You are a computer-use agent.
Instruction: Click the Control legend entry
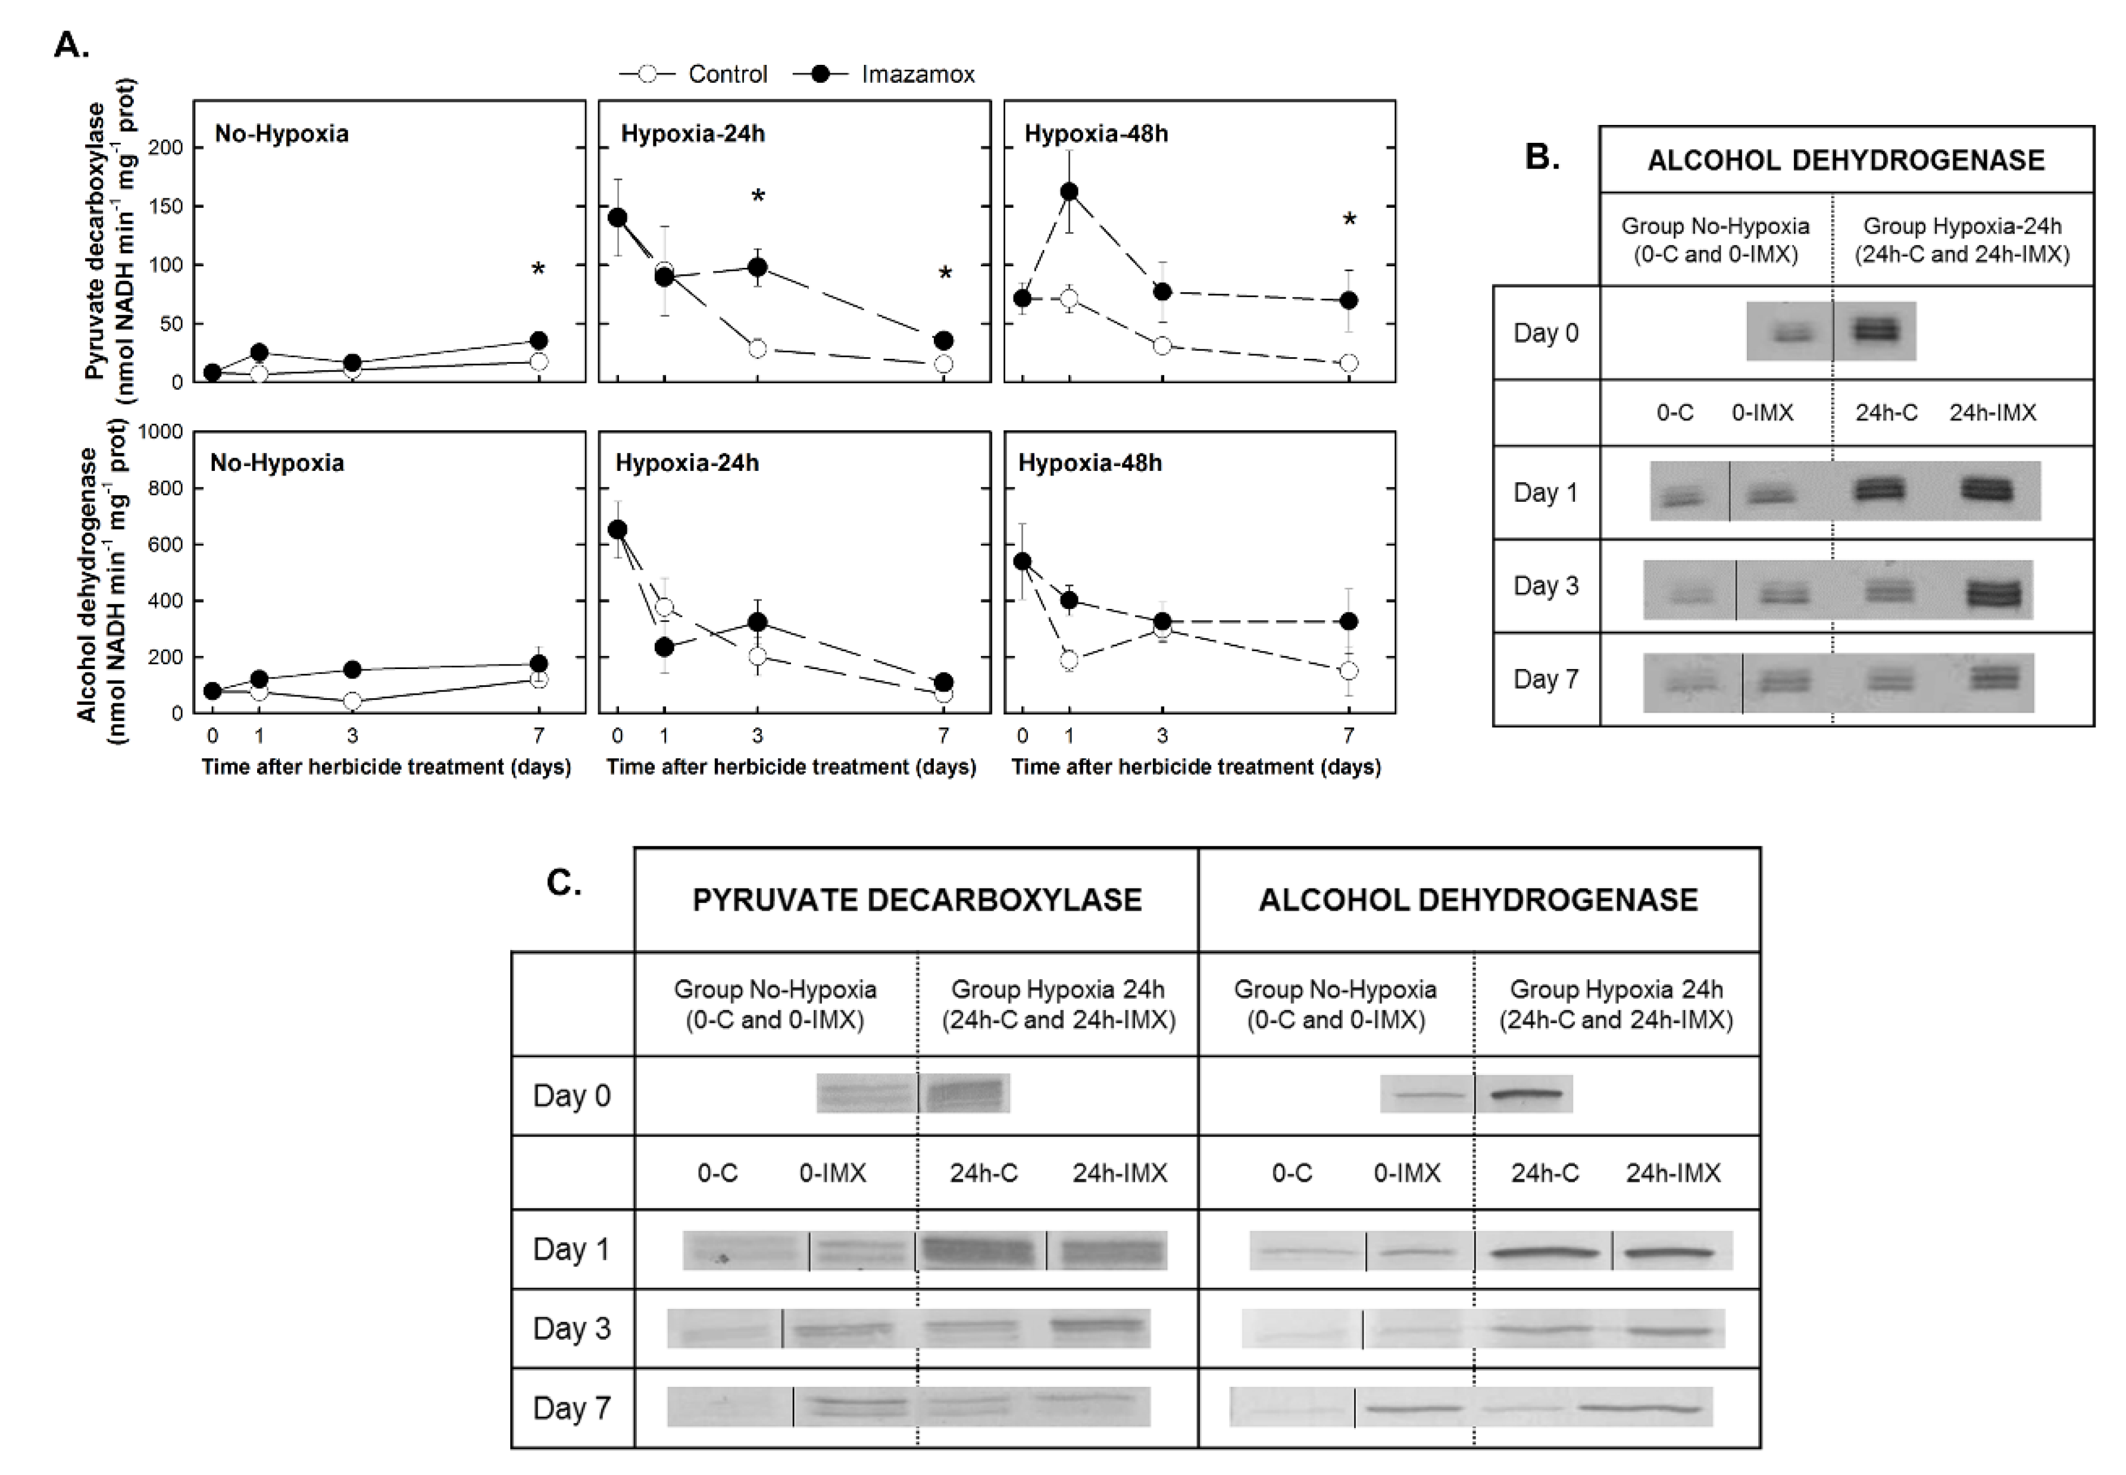[727, 74]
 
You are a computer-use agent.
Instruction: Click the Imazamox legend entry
[918, 74]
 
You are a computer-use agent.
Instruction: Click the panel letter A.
[71, 45]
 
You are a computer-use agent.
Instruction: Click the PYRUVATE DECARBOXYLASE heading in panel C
[917, 899]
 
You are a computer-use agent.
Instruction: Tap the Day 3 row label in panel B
[1546, 585]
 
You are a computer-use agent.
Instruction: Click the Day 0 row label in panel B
[1546, 333]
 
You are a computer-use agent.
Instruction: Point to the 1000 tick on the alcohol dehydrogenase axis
[160, 432]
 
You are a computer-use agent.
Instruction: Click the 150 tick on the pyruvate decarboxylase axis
[166, 206]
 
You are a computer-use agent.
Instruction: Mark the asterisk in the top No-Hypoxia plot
[537, 270]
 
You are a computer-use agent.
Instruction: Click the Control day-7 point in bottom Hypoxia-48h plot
[1349, 670]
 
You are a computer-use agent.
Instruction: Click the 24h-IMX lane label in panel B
[1992, 412]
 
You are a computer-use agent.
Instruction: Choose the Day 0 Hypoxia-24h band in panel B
[1875, 330]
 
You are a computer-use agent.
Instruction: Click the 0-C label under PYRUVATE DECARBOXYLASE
[717, 1173]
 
